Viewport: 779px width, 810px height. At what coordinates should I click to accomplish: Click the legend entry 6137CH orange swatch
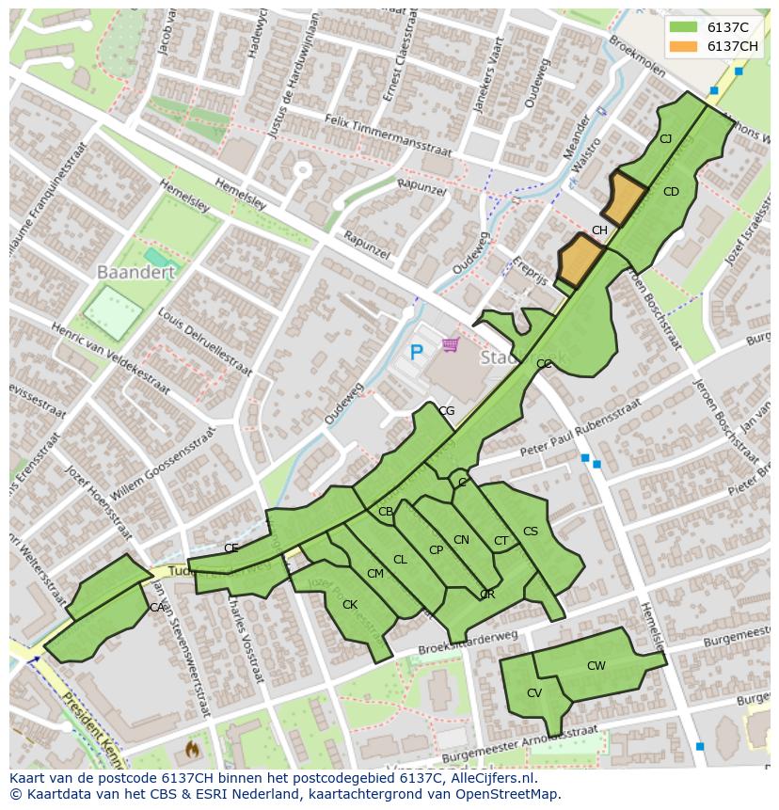click(x=684, y=46)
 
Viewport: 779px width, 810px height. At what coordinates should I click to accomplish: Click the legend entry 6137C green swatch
click(x=684, y=27)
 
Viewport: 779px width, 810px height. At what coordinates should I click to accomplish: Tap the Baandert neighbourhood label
click(x=135, y=272)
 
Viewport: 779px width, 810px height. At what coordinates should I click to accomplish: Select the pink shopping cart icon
click(x=450, y=345)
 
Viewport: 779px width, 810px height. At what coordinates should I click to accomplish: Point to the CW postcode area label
click(x=596, y=666)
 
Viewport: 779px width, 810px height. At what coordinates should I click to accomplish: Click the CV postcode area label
click(x=533, y=693)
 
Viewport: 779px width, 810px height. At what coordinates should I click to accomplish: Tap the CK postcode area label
click(x=349, y=605)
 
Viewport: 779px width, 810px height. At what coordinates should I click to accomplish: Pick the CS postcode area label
click(x=530, y=532)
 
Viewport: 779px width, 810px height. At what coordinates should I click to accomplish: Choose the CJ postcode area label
click(x=665, y=139)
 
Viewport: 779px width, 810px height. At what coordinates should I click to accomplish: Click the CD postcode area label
click(x=670, y=192)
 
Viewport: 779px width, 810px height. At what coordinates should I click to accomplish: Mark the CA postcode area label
click(x=156, y=608)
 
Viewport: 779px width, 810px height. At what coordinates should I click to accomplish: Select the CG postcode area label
click(x=446, y=411)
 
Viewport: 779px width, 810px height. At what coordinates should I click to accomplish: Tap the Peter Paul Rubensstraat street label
click(x=580, y=428)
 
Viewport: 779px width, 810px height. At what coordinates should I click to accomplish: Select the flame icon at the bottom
click(x=192, y=750)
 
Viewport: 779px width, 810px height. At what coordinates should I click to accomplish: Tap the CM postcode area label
click(x=374, y=574)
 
